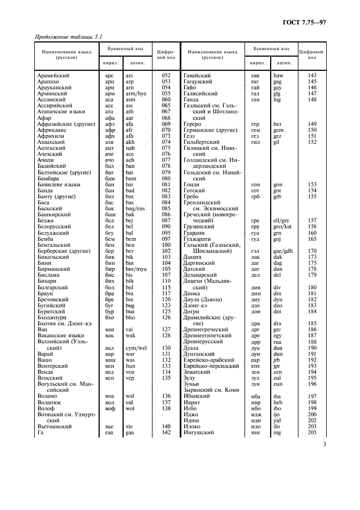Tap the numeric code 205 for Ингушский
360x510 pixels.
click(x=312, y=432)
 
